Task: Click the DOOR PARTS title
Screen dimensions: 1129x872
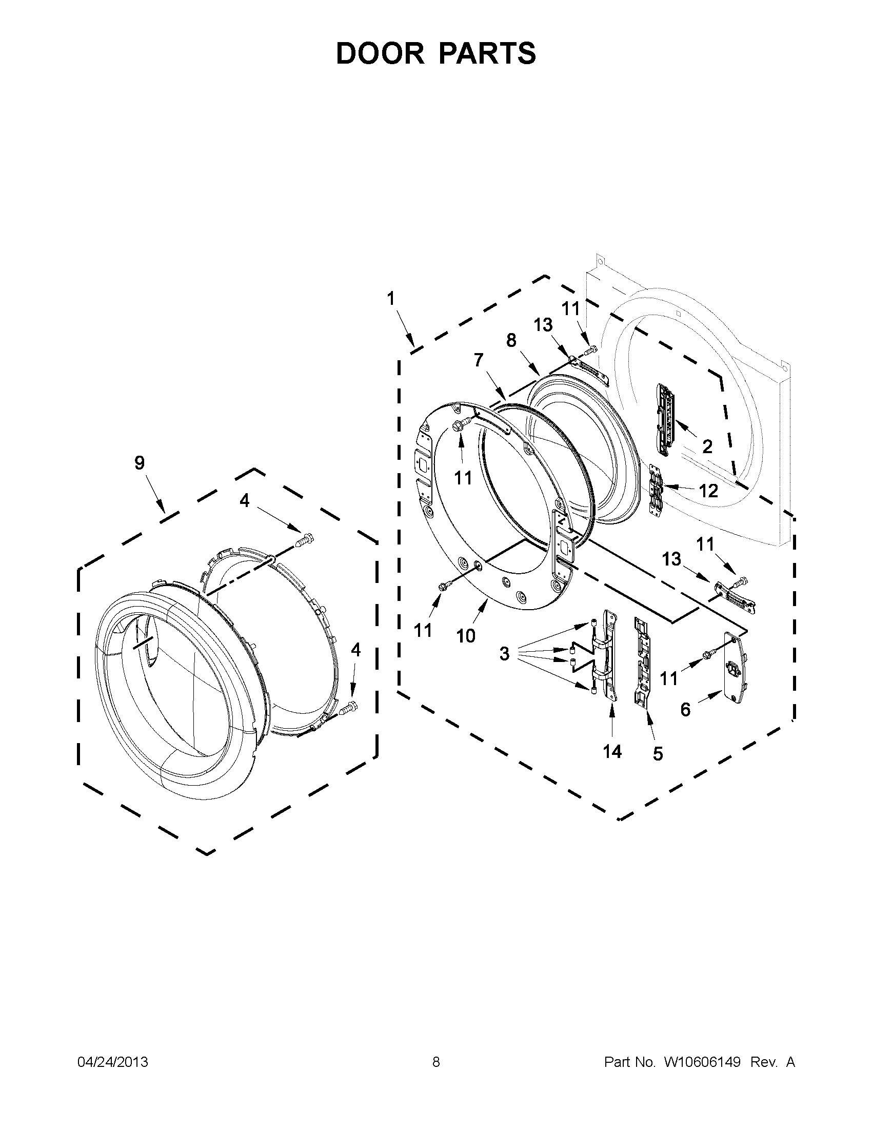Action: tap(436, 53)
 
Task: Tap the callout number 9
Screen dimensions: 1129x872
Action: tap(140, 463)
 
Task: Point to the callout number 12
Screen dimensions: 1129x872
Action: tap(708, 491)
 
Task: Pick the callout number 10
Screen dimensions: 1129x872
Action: tap(465, 636)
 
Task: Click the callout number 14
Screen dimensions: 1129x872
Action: tap(611, 752)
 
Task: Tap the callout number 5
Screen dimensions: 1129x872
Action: tap(658, 754)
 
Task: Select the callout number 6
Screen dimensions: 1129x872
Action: tap(685, 709)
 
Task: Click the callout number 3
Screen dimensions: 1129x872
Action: tap(504, 654)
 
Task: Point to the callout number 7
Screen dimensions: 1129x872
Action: tap(479, 360)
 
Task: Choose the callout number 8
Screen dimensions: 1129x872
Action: tap(511, 341)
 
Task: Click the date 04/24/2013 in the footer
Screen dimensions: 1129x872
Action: tap(113, 1062)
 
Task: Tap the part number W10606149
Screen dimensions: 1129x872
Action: tap(702, 1062)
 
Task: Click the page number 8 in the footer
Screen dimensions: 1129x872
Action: tap(436, 1062)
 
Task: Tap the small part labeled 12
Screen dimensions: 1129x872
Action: tap(656, 489)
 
